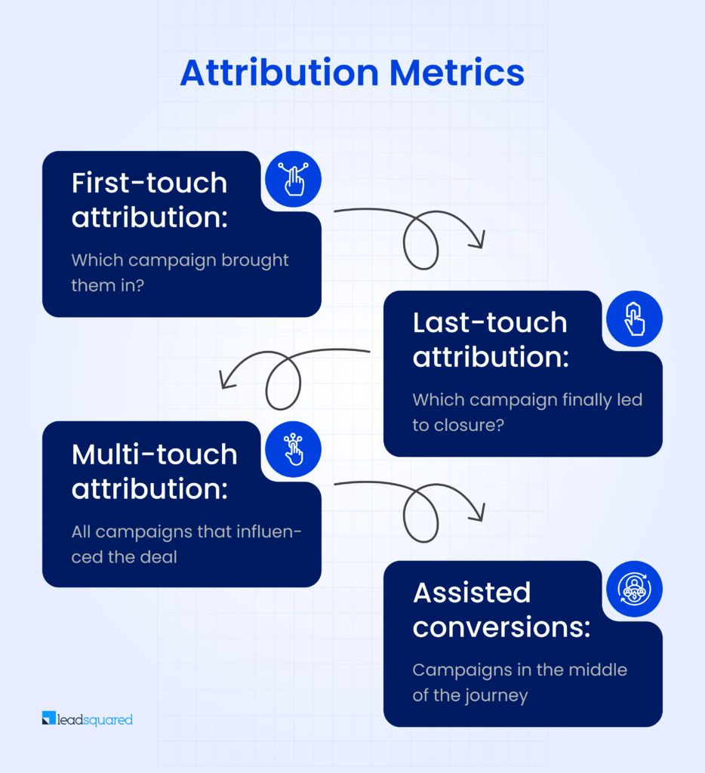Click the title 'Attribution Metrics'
click(x=352, y=73)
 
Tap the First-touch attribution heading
click(x=149, y=200)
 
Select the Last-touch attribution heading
click(x=490, y=339)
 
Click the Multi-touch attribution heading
click(x=154, y=471)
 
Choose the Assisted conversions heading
click(x=501, y=610)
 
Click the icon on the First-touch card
click(x=293, y=180)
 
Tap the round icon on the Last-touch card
click(x=634, y=319)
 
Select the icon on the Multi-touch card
click(x=293, y=450)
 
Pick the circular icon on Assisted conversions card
click(x=634, y=590)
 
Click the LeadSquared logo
click(x=88, y=719)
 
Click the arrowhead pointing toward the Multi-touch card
click(x=224, y=380)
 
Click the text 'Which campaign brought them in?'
click(x=180, y=273)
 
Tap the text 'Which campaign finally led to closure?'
click(x=527, y=412)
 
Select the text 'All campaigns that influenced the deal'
click(x=186, y=544)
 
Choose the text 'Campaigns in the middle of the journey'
click(x=519, y=682)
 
